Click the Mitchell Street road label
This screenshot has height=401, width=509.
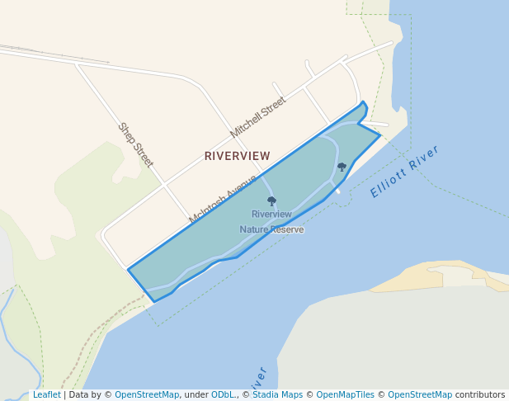(x=258, y=116)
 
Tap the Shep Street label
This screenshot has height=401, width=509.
(x=136, y=144)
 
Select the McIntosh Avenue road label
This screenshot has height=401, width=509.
(x=223, y=199)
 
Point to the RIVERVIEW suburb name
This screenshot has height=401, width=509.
(x=237, y=155)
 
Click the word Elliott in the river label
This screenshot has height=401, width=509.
(x=388, y=182)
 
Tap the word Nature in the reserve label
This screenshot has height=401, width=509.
(x=255, y=229)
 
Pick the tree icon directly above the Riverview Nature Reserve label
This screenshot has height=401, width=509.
(x=271, y=201)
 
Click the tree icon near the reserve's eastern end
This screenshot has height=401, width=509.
(x=342, y=167)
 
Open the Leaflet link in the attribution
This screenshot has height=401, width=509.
(x=46, y=395)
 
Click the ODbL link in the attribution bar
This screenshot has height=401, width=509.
(x=222, y=395)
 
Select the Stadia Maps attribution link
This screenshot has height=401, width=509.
(x=277, y=395)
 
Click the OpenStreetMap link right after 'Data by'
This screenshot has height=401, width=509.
(x=147, y=395)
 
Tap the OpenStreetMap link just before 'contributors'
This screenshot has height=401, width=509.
(x=420, y=395)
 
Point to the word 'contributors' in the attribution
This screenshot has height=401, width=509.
(x=479, y=395)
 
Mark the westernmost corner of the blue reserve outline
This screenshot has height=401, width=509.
(x=128, y=269)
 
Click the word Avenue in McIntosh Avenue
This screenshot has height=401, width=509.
(x=242, y=185)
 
